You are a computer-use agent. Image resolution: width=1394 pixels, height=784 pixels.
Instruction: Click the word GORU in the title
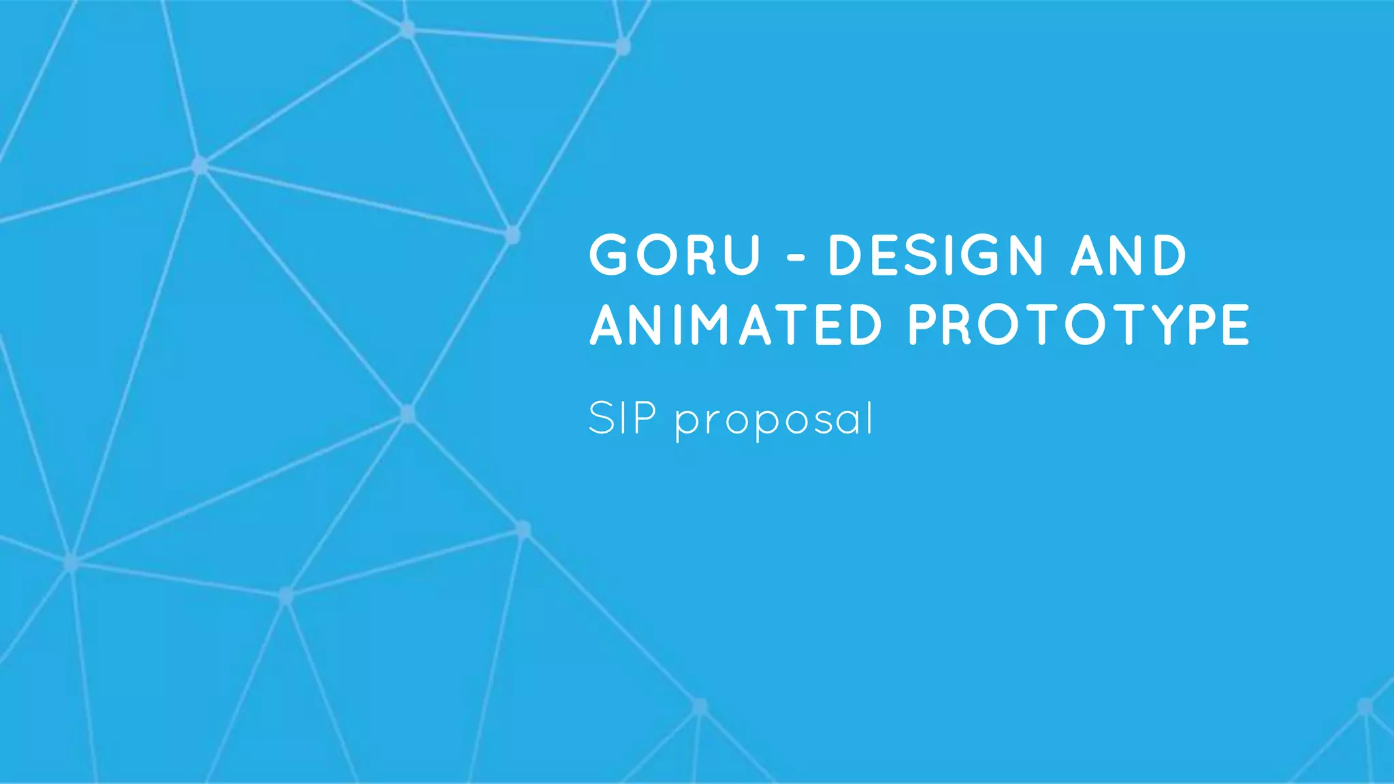674,255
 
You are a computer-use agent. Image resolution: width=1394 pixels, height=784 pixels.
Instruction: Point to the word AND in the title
1128,255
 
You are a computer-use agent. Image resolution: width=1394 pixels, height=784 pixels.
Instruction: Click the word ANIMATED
736,325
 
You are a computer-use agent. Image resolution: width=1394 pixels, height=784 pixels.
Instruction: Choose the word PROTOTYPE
1079,325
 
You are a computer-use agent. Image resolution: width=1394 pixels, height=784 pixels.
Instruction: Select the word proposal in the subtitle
775,421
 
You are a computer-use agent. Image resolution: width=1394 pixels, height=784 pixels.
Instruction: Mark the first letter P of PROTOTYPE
924,325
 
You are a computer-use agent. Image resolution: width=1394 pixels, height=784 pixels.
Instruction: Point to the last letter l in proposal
869,417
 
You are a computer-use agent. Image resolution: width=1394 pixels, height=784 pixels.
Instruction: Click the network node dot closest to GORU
513,235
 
